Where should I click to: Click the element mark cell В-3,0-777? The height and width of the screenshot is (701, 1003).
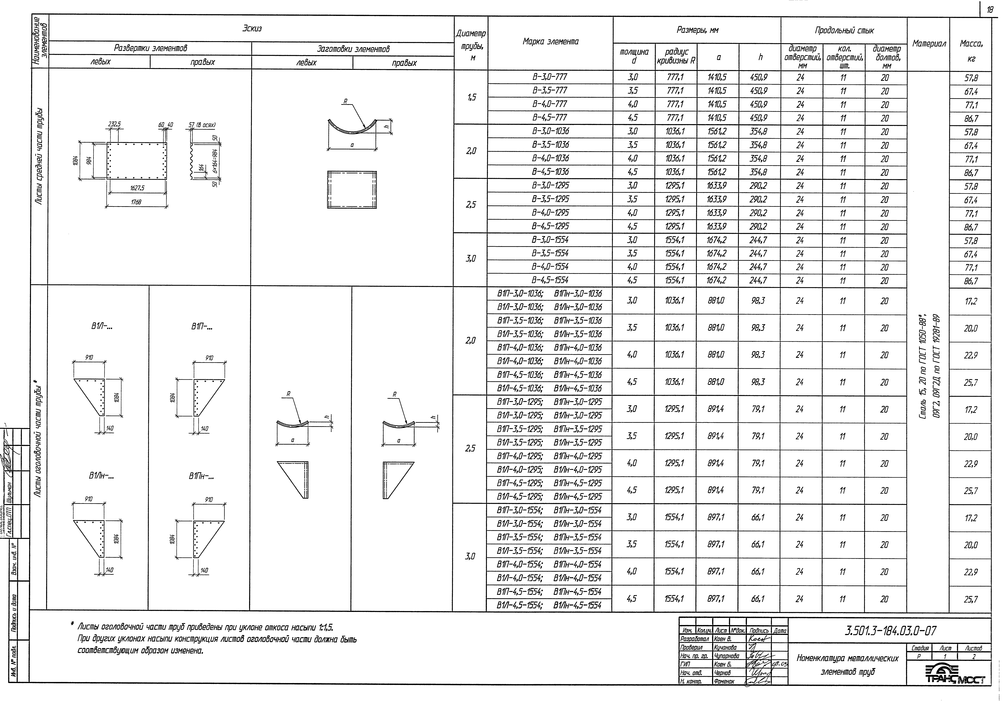point(550,77)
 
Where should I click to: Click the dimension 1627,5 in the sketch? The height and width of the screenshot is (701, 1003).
point(137,188)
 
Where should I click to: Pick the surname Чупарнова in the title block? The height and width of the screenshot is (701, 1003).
point(727,656)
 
